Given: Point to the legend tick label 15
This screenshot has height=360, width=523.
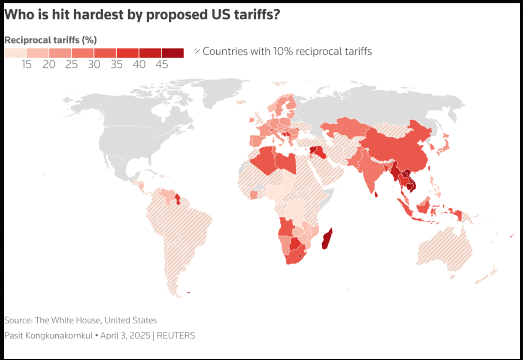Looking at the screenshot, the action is click(27, 64).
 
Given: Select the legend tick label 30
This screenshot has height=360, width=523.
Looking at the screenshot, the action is click(94, 64).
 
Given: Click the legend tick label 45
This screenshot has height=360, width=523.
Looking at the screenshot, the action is click(162, 64).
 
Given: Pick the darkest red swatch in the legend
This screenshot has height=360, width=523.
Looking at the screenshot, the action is click(173, 53).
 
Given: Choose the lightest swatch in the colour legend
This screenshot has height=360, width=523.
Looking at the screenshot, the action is click(15, 53).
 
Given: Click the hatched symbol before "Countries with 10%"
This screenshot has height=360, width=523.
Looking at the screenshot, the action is click(197, 51).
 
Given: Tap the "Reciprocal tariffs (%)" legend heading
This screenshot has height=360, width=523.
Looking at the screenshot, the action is click(50, 40).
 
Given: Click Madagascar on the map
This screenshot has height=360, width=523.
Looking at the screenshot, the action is click(327, 239).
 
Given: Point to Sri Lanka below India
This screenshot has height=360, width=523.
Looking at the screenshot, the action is click(376, 194).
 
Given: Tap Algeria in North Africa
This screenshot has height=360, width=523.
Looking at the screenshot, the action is click(264, 159).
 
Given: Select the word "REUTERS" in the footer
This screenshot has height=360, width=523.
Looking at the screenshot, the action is click(176, 335).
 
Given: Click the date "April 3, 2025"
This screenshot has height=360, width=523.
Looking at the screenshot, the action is click(125, 335).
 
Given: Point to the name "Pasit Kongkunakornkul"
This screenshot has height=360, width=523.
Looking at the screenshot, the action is click(48, 335).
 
